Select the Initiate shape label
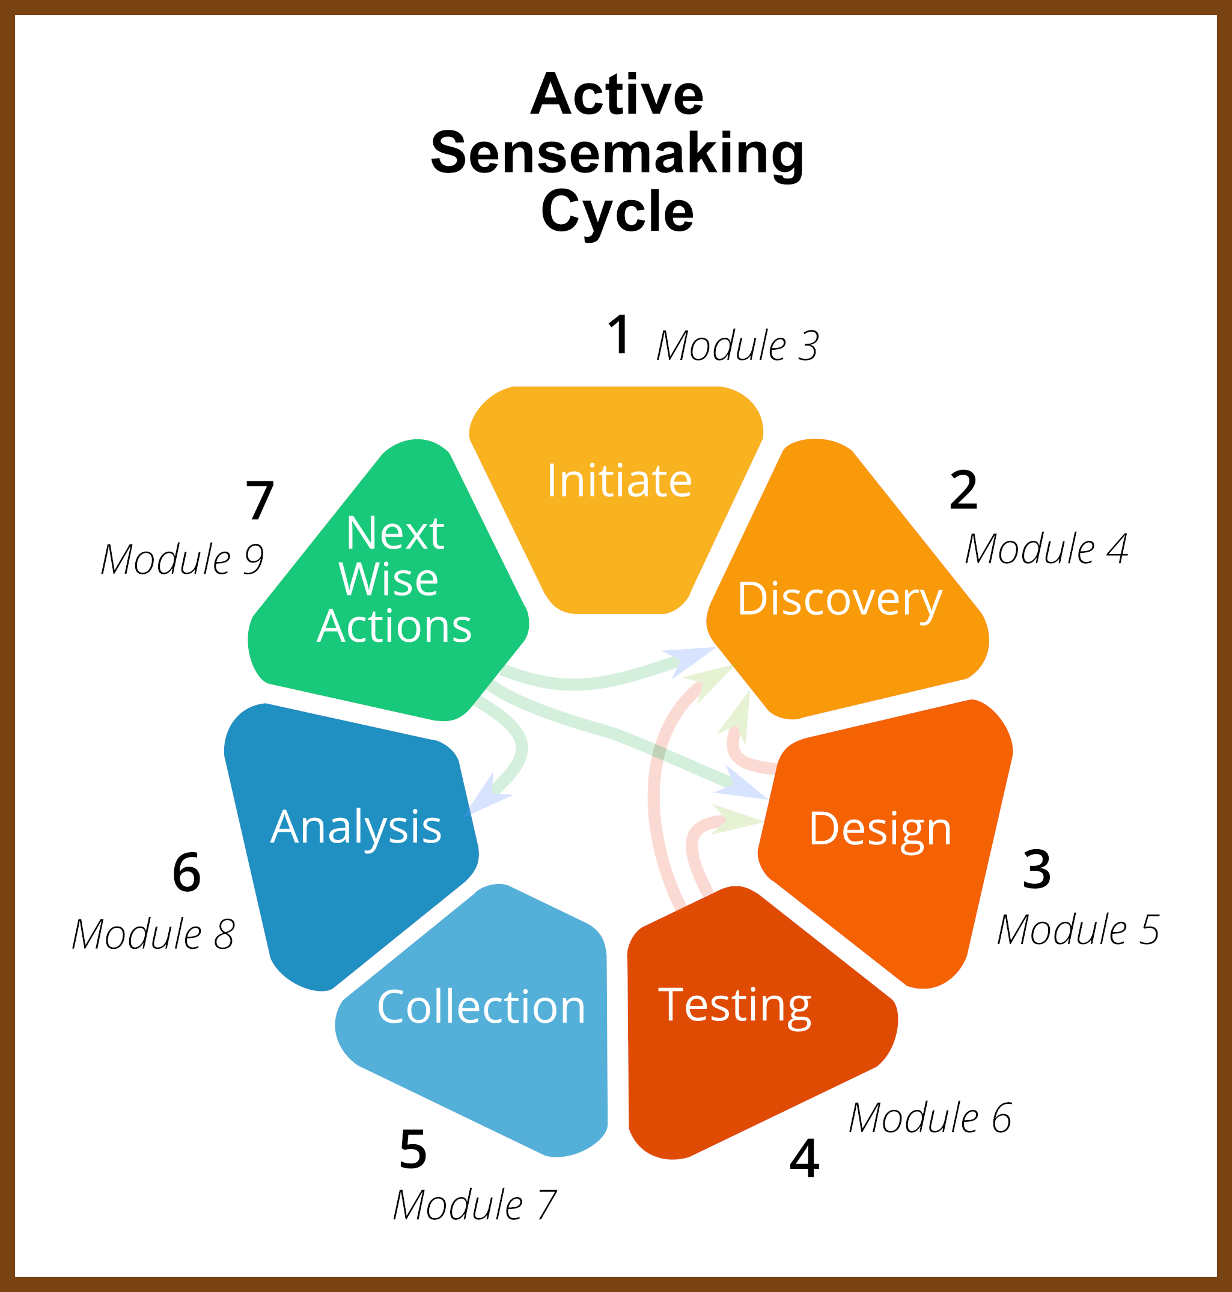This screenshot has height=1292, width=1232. point(619,481)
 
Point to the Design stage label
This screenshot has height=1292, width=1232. point(880,829)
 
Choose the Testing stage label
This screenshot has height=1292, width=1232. point(735,1007)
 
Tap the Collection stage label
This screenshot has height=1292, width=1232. point(481,1007)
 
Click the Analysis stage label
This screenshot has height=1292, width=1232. point(356,828)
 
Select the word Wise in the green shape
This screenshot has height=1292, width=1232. point(388,580)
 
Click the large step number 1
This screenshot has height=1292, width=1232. point(618,335)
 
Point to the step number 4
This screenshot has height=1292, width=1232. point(805,1159)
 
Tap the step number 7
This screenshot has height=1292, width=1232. point(260,501)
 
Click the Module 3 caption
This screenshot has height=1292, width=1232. point(737,346)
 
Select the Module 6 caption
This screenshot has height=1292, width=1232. point(930,1118)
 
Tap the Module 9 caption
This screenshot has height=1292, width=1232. point(182,560)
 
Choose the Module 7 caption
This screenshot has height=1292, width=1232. point(474,1205)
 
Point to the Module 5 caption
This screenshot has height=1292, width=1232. point(1078,930)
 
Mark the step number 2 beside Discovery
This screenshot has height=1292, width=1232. point(963,490)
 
